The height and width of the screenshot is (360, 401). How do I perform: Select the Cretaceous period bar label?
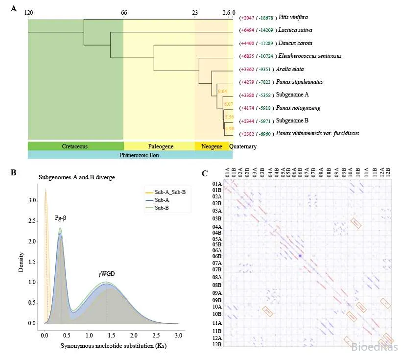coord(75,146)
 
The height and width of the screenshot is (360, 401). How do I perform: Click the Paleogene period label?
coord(160,146)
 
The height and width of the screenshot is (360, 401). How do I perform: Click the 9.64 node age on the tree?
coord(222,92)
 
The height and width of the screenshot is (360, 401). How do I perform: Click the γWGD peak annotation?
coord(105,274)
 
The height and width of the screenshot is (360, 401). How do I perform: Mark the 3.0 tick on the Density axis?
coord(32,201)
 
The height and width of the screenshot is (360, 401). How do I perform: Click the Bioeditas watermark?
coord(375,347)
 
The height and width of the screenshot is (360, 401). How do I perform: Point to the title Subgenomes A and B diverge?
coord(77,177)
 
